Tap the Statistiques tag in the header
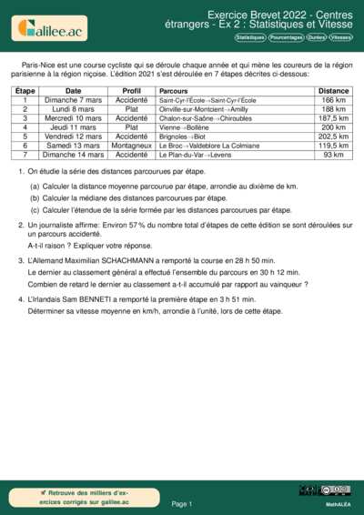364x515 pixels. (x=249, y=38)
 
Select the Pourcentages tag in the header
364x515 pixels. (x=287, y=38)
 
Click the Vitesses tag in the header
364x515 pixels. (x=341, y=38)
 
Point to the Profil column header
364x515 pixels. (x=131, y=92)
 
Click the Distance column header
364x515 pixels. (x=334, y=92)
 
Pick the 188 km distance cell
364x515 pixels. (x=334, y=109)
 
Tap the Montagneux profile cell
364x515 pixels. (x=131, y=146)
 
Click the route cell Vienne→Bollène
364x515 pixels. (x=182, y=127)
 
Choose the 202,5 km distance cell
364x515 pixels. (x=334, y=136)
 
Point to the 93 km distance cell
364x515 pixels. (x=334, y=155)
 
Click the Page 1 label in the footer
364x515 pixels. (x=181, y=503)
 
